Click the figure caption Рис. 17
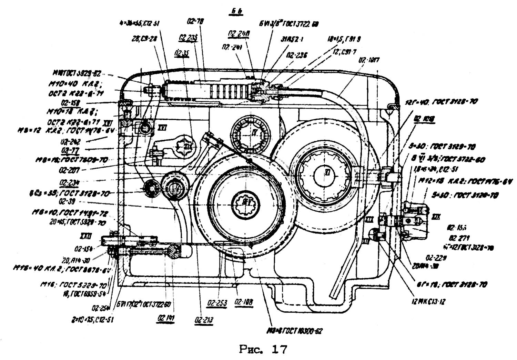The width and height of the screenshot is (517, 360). pyautogui.click(x=263, y=350)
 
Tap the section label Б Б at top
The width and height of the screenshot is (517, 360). pyautogui.click(x=237, y=11)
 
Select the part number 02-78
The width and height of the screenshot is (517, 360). pyautogui.click(x=195, y=21)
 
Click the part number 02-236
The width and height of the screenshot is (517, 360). pyautogui.click(x=296, y=56)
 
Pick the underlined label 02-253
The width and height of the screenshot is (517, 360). pyautogui.click(x=217, y=303)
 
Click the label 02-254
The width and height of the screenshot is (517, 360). pyautogui.click(x=99, y=308)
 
